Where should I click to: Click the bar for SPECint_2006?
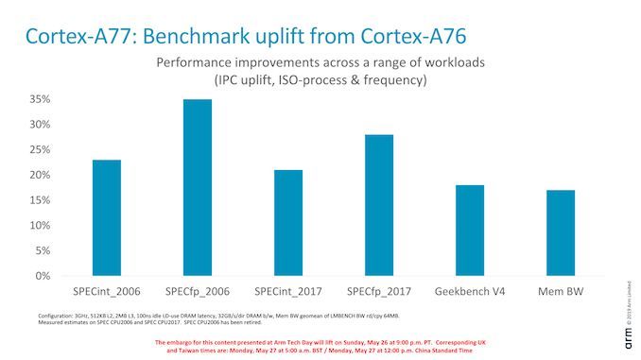pos(107,218)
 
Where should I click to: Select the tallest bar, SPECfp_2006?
pos(198,188)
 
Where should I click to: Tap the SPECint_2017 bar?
pos(288,223)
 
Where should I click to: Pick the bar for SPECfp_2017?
pos(379,206)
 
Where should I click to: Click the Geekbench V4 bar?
pos(470,231)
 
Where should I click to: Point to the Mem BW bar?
pos(561,233)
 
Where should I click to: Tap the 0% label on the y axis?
pos(42,276)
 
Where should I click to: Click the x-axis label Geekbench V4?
pos(470,290)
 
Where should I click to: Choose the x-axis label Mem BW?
pos(561,290)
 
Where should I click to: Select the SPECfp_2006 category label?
pos(198,290)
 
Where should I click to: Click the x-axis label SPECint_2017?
pos(288,290)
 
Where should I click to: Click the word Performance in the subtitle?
pos(198,62)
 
